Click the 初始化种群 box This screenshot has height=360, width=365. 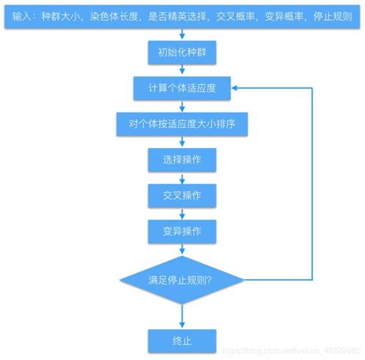pos(182,53)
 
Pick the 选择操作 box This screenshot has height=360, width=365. pos(182,160)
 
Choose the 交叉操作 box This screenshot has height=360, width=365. pos(182,195)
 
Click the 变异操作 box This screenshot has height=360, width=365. pos(182,230)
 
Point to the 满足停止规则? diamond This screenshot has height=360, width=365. pos(182,279)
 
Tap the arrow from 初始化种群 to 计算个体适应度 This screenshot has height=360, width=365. pos(182,70)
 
